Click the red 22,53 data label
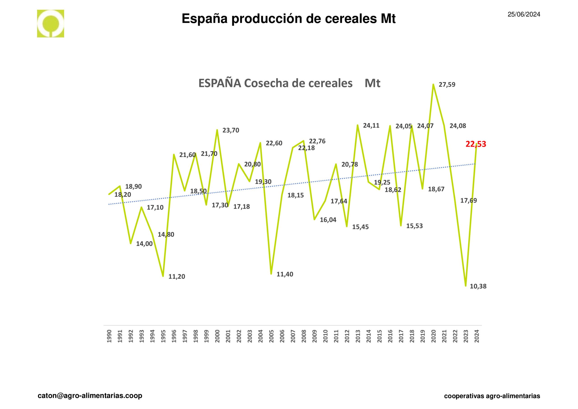point(475,144)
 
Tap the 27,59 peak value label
point(447,85)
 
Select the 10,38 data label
point(478,286)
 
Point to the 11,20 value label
point(177,277)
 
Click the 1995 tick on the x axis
point(163,336)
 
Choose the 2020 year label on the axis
point(433,336)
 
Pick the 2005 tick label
point(271,336)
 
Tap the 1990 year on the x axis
point(109,336)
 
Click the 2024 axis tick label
point(477,336)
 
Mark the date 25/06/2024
point(524,14)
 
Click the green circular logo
point(51,24)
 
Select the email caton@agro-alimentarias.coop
point(90,396)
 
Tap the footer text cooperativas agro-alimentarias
point(492,396)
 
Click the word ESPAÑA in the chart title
point(219,83)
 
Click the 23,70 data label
point(231,131)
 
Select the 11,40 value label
point(285,274)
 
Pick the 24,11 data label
point(371,125)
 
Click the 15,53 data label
point(414,226)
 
